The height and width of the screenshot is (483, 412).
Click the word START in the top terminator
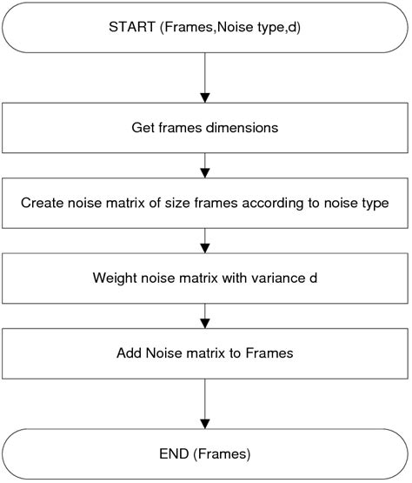pyautogui.click(x=132, y=27)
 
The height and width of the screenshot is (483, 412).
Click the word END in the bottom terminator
pyautogui.click(x=174, y=453)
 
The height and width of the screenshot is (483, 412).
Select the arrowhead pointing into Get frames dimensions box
pyautogui.click(x=205, y=98)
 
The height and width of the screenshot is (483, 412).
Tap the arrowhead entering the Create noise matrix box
pyautogui.click(x=205, y=173)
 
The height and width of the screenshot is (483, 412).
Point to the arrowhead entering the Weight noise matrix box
pyautogui.click(x=205, y=248)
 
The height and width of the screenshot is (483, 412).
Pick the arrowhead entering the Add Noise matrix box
pyautogui.click(x=205, y=324)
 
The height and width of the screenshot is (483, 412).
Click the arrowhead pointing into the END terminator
pyautogui.click(x=205, y=424)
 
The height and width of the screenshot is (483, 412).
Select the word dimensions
pyautogui.click(x=242, y=128)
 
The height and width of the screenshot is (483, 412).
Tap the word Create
pyautogui.click(x=42, y=203)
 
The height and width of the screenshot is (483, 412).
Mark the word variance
pyautogui.click(x=278, y=278)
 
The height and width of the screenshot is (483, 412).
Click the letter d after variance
pyautogui.click(x=313, y=278)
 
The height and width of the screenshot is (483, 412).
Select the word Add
pyautogui.click(x=129, y=353)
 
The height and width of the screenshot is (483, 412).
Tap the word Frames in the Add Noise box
pyautogui.click(x=269, y=353)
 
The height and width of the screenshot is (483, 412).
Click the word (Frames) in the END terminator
pyautogui.click(x=222, y=454)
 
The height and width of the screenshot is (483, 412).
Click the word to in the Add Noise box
pyautogui.click(x=235, y=353)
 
